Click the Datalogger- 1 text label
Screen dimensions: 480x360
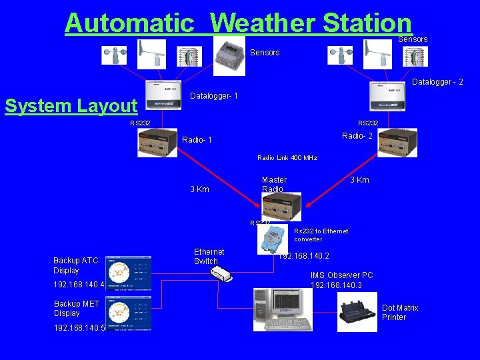click(215, 97)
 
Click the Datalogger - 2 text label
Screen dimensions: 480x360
click(437, 82)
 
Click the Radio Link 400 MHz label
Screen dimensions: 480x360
click(287, 158)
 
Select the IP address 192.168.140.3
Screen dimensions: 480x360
click(336, 285)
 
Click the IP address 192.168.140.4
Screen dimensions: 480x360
click(79, 285)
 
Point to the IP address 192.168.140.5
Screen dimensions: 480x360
click(79, 328)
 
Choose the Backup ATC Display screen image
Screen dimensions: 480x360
click(129, 273)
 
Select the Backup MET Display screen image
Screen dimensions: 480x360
click(129, 313)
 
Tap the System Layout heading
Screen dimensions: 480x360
click(71, 106)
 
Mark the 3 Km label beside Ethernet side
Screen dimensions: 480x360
click(199, 189)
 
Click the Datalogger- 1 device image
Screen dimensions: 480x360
click(163, 96)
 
